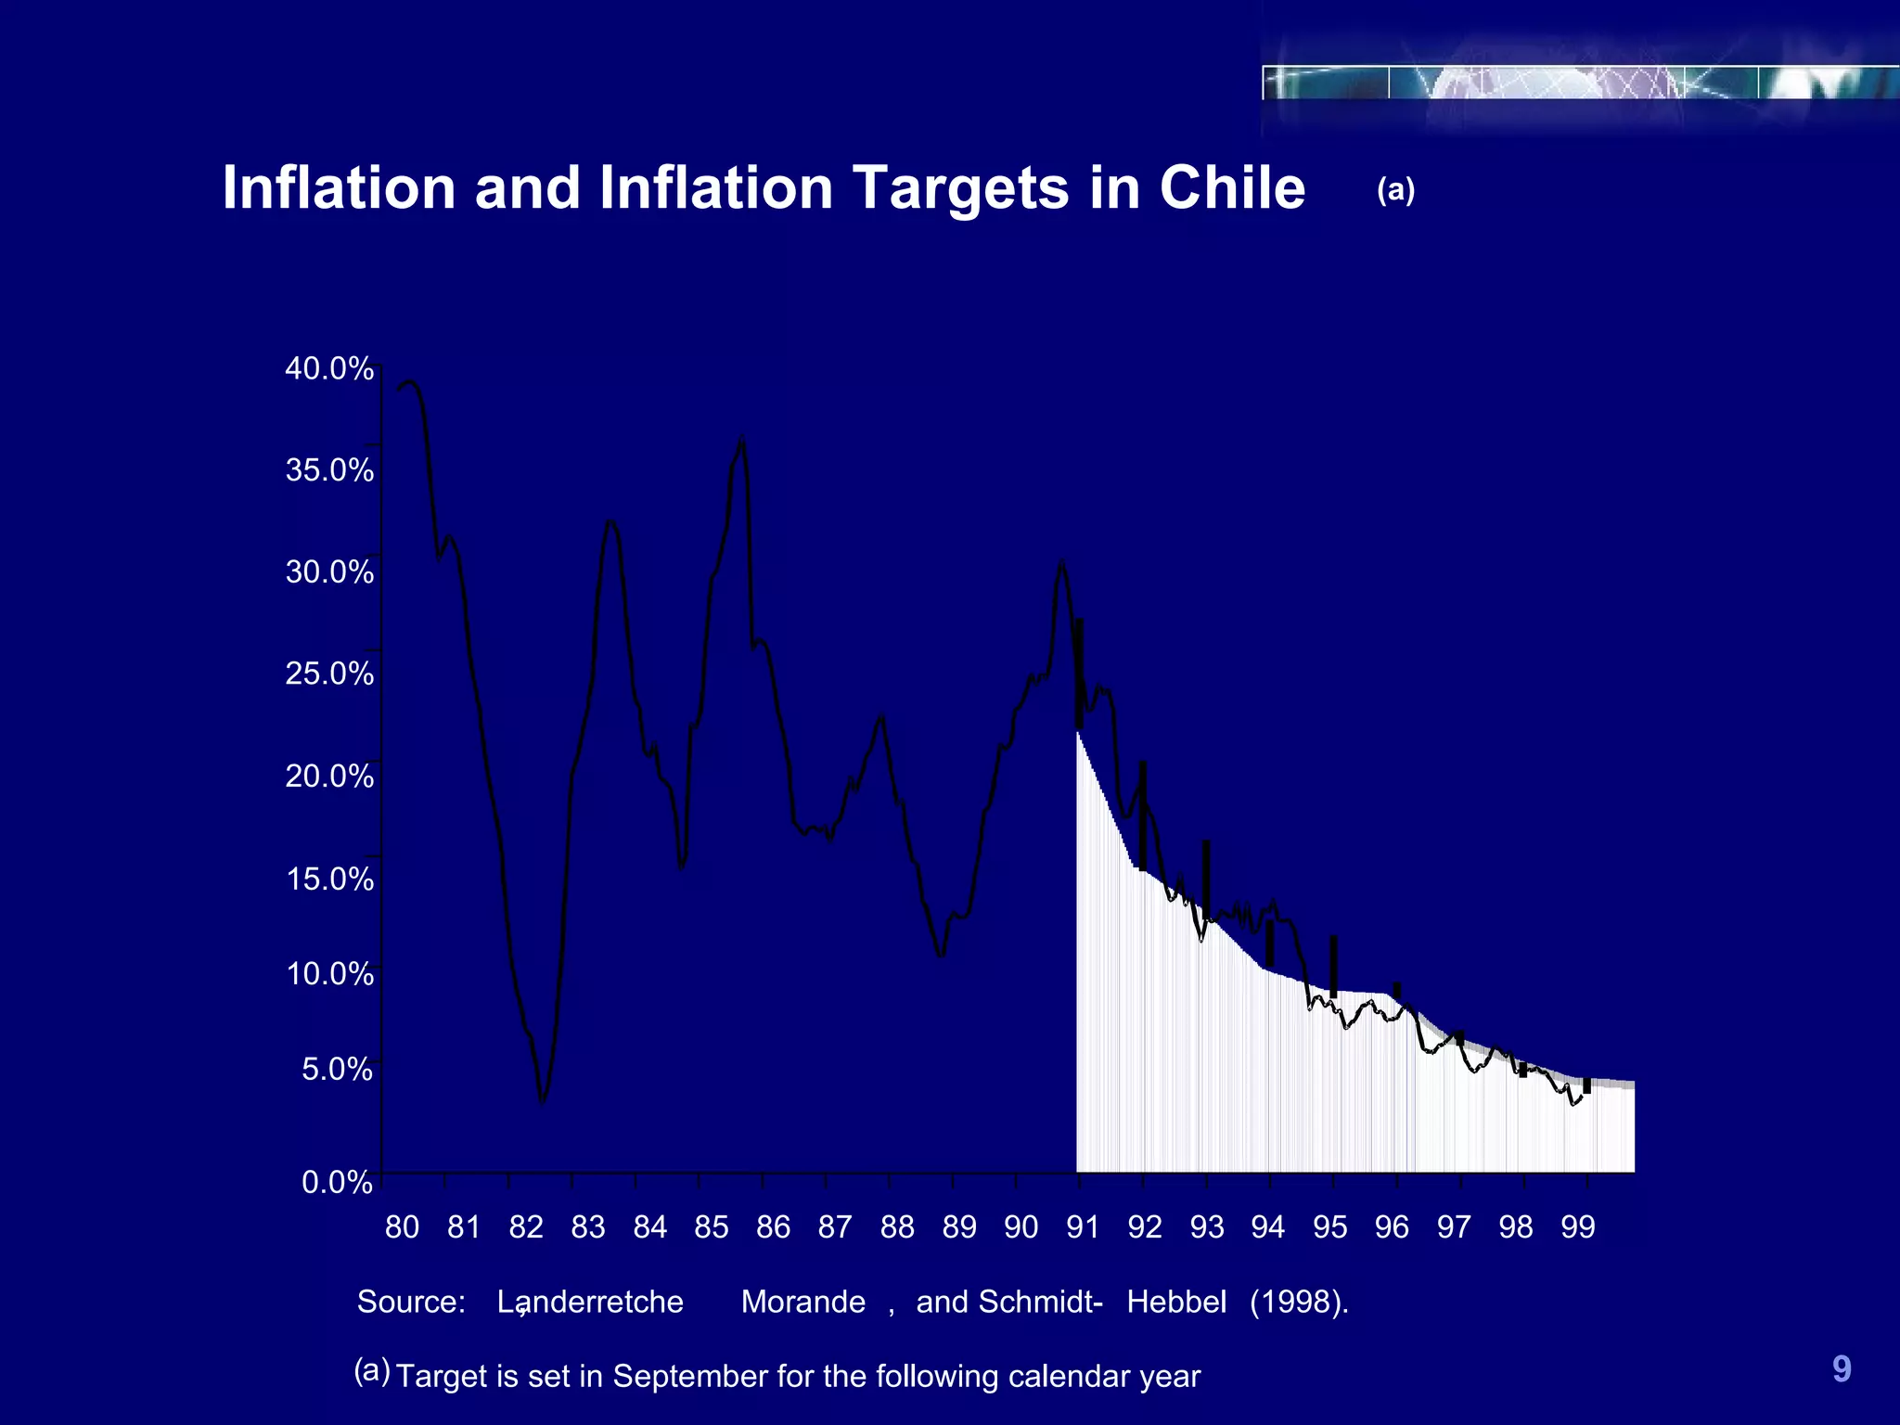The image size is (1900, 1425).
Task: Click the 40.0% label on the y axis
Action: (328, 368)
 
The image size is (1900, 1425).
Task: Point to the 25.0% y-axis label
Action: (328, 673)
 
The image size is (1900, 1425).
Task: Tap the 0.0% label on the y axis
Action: (337, 1182)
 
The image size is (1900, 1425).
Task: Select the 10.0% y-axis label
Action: (328, 973)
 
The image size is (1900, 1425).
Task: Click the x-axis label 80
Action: (402, 1226)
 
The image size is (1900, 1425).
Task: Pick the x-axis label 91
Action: (1082, 1226)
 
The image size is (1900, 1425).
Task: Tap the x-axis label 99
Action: (1577, 1226)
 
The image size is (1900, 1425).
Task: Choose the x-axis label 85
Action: (711, 1226)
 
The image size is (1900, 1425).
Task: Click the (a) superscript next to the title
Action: (1395, 189)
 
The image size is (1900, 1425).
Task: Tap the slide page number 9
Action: (1842, 1368)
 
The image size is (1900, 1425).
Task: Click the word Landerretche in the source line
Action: (590, 1302)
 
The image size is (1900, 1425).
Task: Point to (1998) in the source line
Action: (1298, 1302)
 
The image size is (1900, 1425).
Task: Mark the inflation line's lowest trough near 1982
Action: (543, 1102)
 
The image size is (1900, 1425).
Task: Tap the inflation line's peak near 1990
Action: (1060, 561)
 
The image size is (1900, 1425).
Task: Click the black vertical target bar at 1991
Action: (1079, 673)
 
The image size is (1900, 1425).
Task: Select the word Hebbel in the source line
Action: (1176, 1302)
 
